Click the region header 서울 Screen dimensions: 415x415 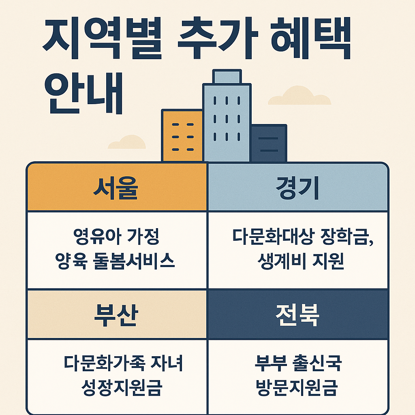(x=116, y=188)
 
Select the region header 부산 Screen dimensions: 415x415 (x=116, y=315)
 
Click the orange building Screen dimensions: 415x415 (x=182, y=136)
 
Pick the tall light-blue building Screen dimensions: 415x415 (x=227, y=122)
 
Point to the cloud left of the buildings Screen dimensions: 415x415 (x=127, y=142)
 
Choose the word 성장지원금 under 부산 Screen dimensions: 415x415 (x=122, y=387)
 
